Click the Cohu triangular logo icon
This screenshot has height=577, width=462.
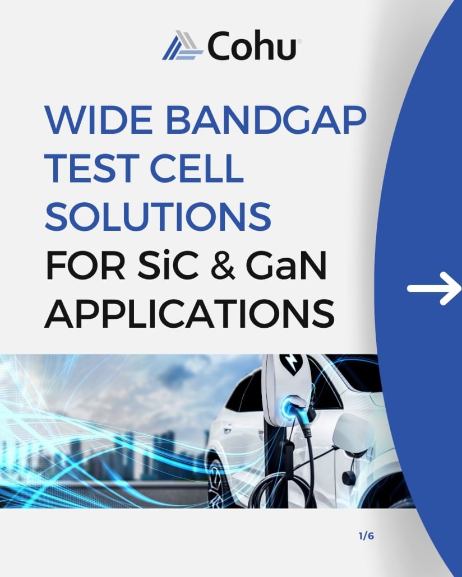click(182, 45)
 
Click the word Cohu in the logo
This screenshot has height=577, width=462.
click(252, 45)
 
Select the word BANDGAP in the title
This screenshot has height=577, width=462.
click(266, 120)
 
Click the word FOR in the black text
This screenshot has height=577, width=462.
click(85, 265)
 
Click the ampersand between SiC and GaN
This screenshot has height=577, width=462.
click(223, 266)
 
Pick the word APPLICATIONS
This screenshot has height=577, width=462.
click(190, 314)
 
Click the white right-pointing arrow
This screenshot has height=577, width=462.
click(434, 288)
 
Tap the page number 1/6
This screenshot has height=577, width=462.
click(366, 536)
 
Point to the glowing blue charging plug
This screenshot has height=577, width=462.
click(292, 408)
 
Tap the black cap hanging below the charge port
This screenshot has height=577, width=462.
click(349, 477)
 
